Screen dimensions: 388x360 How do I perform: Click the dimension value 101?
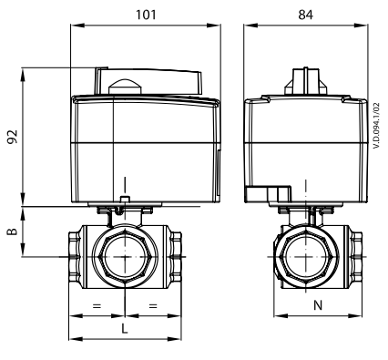(x=146, y=15)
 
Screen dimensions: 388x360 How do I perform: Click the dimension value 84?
(x=305, y=15)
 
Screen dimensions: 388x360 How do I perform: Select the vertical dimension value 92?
(x=13, y=137)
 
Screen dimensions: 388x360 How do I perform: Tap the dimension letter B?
(x=12, y=231)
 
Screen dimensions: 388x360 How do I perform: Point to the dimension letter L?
(x=125, y=328)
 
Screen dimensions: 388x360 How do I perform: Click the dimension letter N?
(x=318, y=305)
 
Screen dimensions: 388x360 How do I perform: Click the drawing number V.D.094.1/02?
(x=377, y=126)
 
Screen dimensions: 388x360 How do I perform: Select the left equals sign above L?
(x=97, y=306)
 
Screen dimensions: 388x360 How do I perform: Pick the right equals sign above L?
(x=153, y=306)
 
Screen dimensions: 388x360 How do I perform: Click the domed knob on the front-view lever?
(x=125, y=87)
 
